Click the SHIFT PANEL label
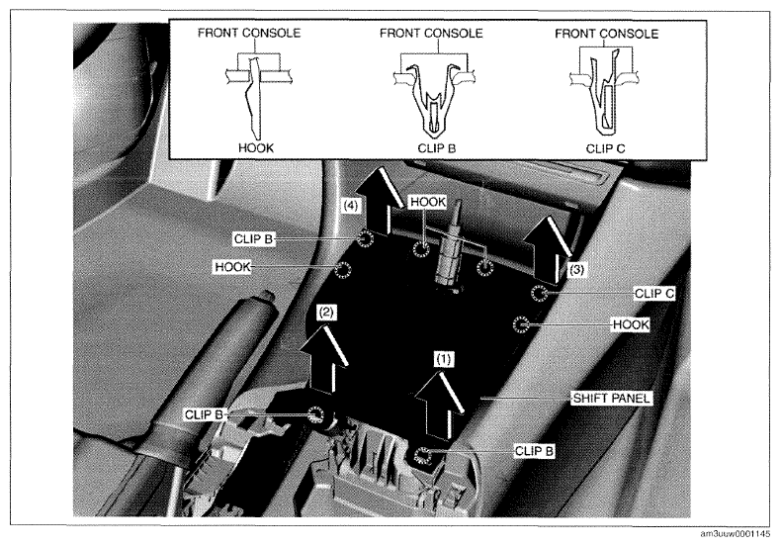[x=611, y=399]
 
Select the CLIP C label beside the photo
[x=654, y=294]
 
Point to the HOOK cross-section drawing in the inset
[x=256, y=95]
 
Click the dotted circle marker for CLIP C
[x=539, y=293]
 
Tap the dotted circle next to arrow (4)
[x=366, y=239]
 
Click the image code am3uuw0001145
[x=735, y=534]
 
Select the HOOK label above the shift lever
[x=428, y=202]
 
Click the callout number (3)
[x=576, y=270]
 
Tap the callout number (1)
[x=444, y=359]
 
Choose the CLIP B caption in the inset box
[x=436, y=147]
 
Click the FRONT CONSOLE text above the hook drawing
[x=249, y=33]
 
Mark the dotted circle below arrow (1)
[x=422, y=454]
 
